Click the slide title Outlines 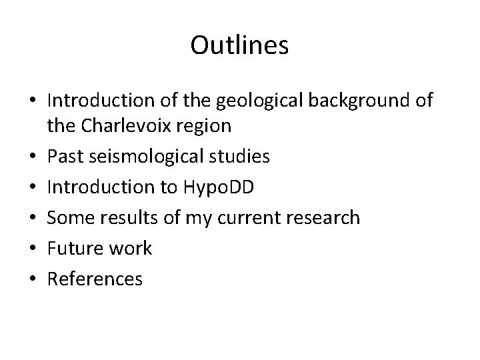click(x=239, y=46)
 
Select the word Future click(x=71, y=248)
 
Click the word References click(x=95, y=278)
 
